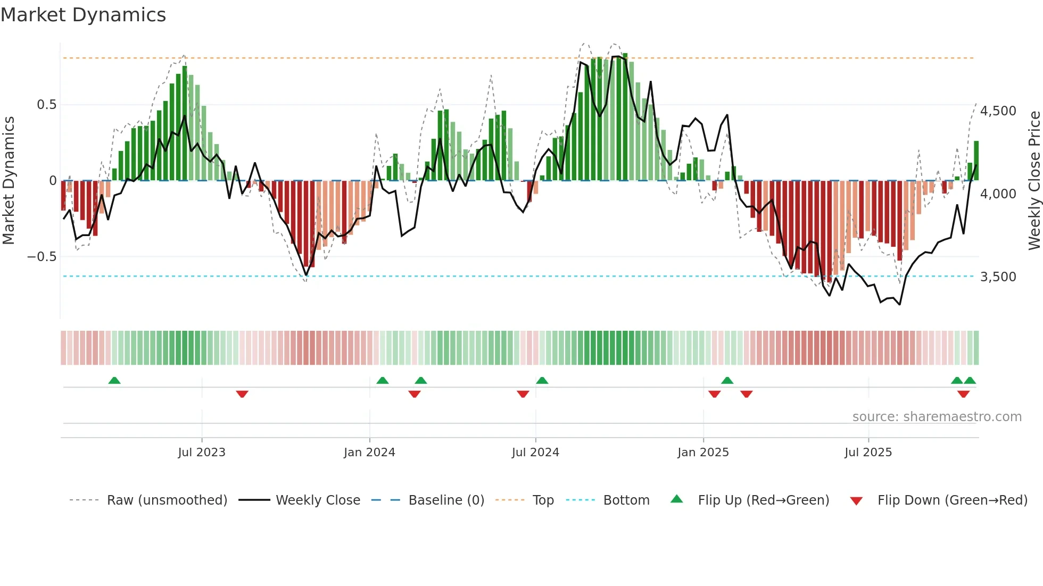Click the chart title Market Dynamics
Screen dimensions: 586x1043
pyautogui.click(x=83, y=15)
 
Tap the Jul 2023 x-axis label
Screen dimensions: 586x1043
pyautogui.click(x=202, y=453)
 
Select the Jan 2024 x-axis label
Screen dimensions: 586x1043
pyautogui.click(x=369, y=453)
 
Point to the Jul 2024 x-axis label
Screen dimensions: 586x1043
pyautogui.click(x=535, y=453)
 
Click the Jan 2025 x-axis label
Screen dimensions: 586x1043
pyautogui.click(x=703, y=453)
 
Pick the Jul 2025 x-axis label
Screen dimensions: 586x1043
pyautogui.click(x=868, y=453)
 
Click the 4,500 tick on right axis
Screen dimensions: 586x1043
pyautogui.click(x=998, y=111)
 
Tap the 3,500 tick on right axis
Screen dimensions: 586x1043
pyautogui.click(x=998, y=277)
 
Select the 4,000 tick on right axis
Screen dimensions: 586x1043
pyautogui.click(x=998, y=194)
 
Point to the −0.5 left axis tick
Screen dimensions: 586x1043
pyautogui.click(x=42, y=257)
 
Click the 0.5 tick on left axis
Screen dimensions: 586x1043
pyautogui.click(x=46, y=105)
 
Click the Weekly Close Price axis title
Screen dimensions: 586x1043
pyautogui.click(x=1034, y=180)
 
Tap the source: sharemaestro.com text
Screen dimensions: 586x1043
pyautogui.click(x=937, y=417)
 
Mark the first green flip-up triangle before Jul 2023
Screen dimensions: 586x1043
pyautogui.click(x=114, y=381)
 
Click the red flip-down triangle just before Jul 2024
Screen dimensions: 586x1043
pyautogui.click(x=523, y=394)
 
